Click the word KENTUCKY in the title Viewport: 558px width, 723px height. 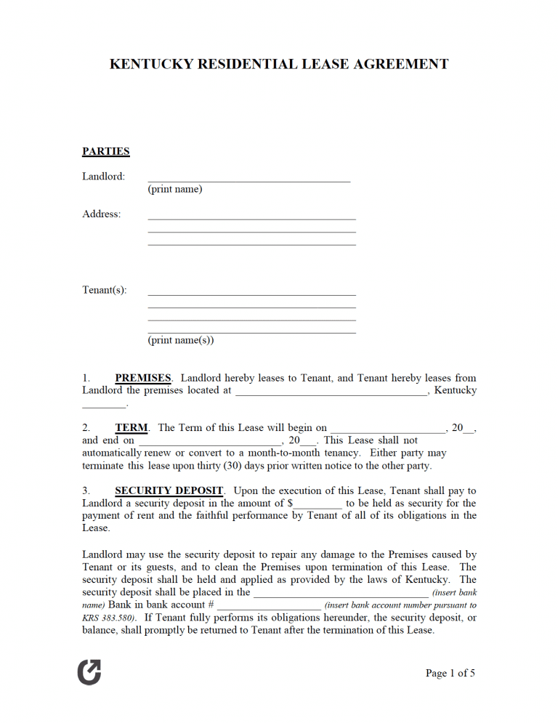[x=151, y=64]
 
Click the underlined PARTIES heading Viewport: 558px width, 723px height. [x=106, y=152]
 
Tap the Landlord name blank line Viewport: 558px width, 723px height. [x=248, y=179]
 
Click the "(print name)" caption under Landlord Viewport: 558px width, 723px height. [x=175, y=190]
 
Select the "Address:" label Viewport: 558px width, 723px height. [x=102, y=214]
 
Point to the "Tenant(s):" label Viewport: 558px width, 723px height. [x=105, y=290]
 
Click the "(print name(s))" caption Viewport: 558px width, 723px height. [x=181, y=340]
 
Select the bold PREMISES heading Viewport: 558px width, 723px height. [x=143, y=378]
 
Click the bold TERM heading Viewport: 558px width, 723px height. [x=132, y=428]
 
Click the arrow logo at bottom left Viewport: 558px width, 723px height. [x=89, y=673]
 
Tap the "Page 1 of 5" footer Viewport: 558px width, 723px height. [x=450, y=674]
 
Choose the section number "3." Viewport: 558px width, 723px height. [x=86, y=491]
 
